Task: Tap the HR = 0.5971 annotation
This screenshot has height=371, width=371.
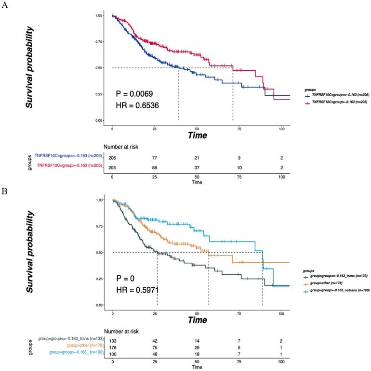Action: (x=136, y=290)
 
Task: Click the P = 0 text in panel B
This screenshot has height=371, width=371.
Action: (x=127, y=278)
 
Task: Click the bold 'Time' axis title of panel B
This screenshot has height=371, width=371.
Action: (x=197, y=320)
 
